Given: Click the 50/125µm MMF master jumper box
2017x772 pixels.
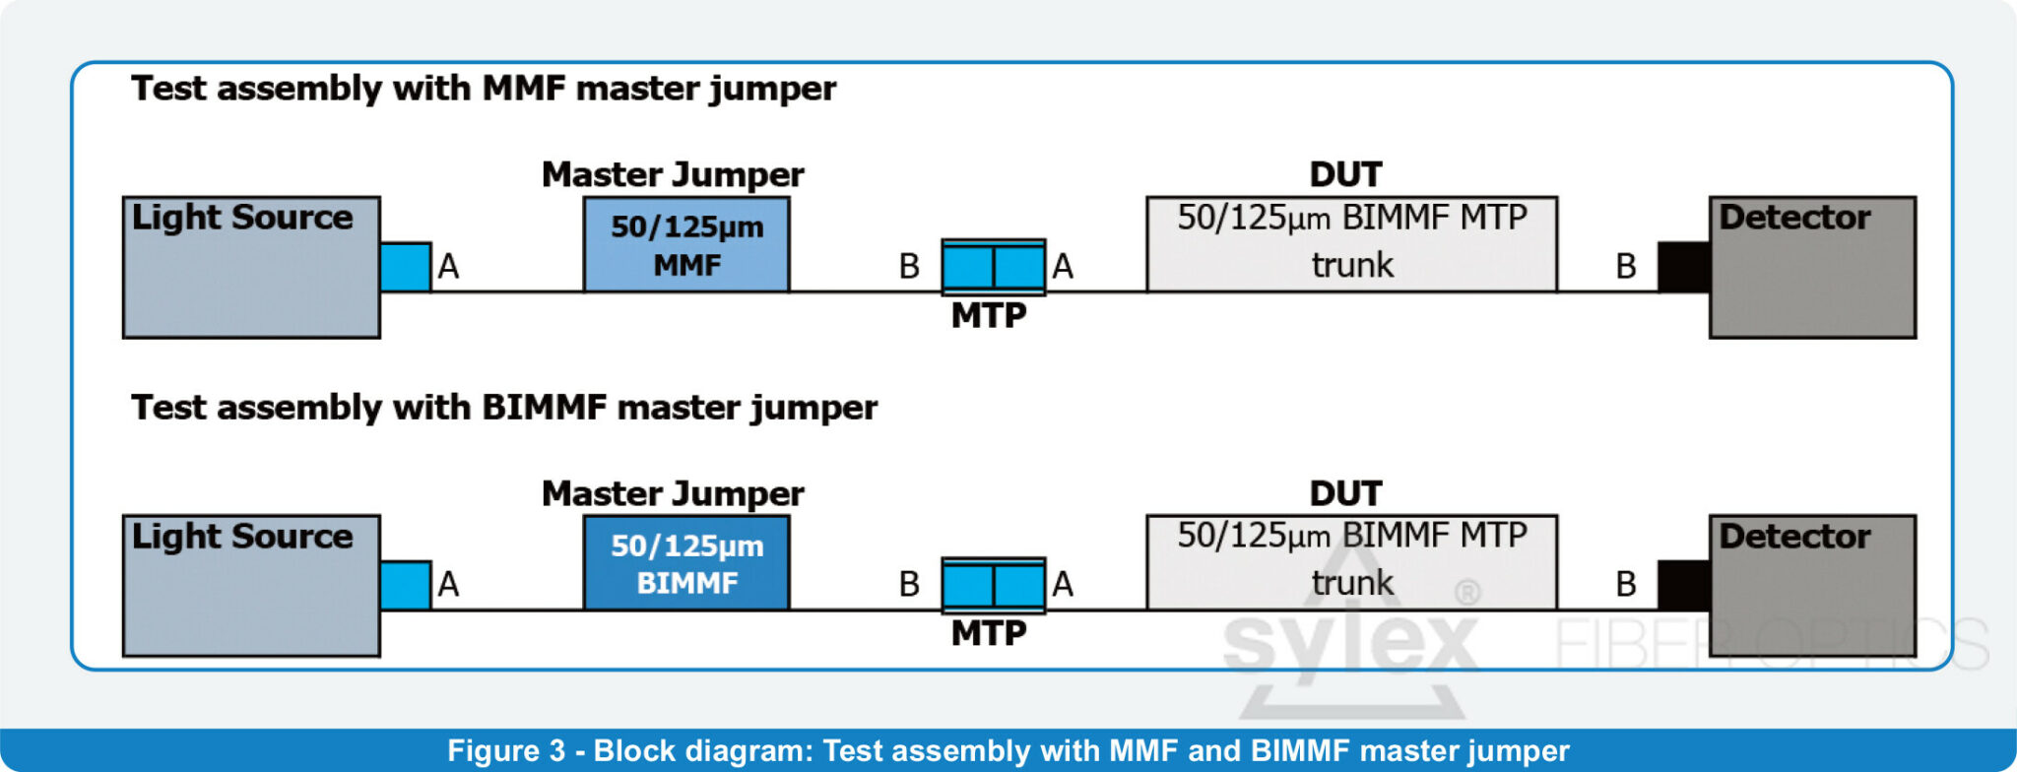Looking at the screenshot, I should (x=686, y=244).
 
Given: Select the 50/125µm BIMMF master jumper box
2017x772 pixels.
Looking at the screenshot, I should (x=686, y=563).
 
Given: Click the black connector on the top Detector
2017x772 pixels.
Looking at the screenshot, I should (x=1683, y=267).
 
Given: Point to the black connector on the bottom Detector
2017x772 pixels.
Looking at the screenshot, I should (x=1683, y=585).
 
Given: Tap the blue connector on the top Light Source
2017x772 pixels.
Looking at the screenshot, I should (x=405, y=267).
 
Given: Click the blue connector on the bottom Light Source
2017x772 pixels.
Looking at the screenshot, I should (x=405, y=585).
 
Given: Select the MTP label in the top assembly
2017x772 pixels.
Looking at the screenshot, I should (x=989, y=315).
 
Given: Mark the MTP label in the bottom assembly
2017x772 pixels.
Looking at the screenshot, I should (x=989, y=633).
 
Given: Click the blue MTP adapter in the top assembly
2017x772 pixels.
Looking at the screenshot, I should (x=993, y=266).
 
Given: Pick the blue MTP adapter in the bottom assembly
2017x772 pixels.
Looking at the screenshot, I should (x=993, y=585).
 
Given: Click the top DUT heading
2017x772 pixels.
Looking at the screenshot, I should (x=1345, y=174).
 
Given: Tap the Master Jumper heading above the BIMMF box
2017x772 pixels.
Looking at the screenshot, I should (x=673, y=492).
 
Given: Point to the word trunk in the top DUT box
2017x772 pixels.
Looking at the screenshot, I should (x=1352, y=265).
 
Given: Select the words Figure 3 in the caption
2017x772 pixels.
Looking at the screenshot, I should (x=506, y=750).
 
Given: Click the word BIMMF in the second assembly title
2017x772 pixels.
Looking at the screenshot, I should (x=544, y=407).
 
